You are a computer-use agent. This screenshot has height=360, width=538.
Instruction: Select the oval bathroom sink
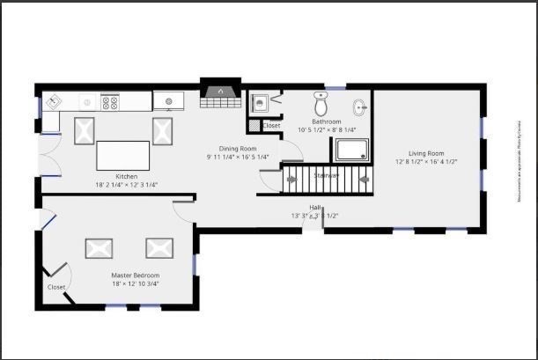pyautogui.click(x=360, y=108)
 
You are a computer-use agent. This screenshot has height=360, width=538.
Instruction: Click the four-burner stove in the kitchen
pyautogui.click(x=111, y=102)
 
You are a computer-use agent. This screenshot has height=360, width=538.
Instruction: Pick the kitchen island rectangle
pyautogui.click(x=122, y=156)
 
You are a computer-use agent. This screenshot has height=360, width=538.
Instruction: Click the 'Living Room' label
pyautogui.click(x=426, y=152)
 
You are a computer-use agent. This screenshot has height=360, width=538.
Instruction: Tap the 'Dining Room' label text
pyautogui.click(x=238, y=148)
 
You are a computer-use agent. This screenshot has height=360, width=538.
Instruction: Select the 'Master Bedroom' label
pyautogui.click(x=135, y=276)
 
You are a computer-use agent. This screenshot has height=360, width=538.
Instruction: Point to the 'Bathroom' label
pyautogui.click(x=327, y=121)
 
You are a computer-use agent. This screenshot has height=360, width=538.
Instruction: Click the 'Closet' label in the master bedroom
pyautogui.click(x=56, y=287)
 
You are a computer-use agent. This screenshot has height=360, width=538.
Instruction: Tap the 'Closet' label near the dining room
pyautogui.click(x=272, y=126)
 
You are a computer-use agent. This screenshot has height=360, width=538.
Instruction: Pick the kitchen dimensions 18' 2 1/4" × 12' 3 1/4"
pyautogui.click(x=114, y=186)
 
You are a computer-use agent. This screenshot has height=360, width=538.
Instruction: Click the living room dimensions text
pyautogui.click(x=426, y=162)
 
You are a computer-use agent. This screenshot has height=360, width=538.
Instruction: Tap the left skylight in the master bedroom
pyautogui.click(x=99, y=248)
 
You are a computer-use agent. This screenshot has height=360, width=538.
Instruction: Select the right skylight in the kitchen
pyautogui.click(x=165, y=130)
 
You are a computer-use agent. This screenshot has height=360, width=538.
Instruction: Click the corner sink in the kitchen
pyautogui.click(x=52, y=101)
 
